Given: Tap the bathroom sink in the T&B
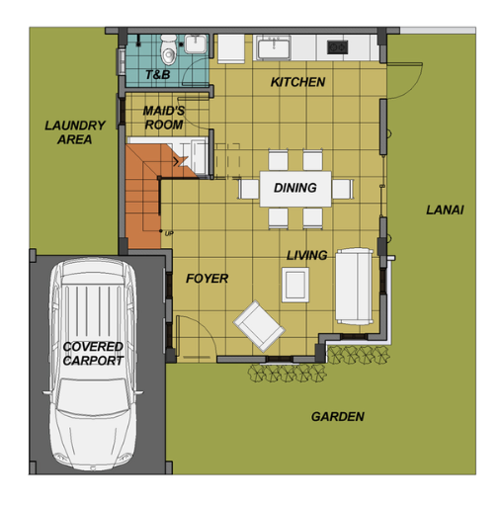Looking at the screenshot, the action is (196, 43).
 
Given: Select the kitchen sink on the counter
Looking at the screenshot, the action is (274, 47).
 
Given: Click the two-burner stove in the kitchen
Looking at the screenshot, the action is (337, 47).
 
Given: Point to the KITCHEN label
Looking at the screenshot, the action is (297, 82).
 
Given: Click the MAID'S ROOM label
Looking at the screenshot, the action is (164, 118).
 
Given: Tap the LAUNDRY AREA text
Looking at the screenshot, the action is (75, 132).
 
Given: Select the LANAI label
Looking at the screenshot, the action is (445, 210).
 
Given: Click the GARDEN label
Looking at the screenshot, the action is (338, 417).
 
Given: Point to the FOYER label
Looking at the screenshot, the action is (207, 279).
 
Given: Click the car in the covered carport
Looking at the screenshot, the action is (93, 364).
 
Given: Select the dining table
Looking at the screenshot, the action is (295, 189).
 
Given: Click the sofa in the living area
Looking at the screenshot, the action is (355, 286).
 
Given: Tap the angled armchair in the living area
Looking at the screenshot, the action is (259, 326).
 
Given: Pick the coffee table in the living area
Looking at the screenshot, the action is (295, 285).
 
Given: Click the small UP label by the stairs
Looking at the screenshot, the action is (169, 233).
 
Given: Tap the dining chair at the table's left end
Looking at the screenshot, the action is (249, 189).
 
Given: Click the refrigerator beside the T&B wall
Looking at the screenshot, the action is (231, 48).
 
